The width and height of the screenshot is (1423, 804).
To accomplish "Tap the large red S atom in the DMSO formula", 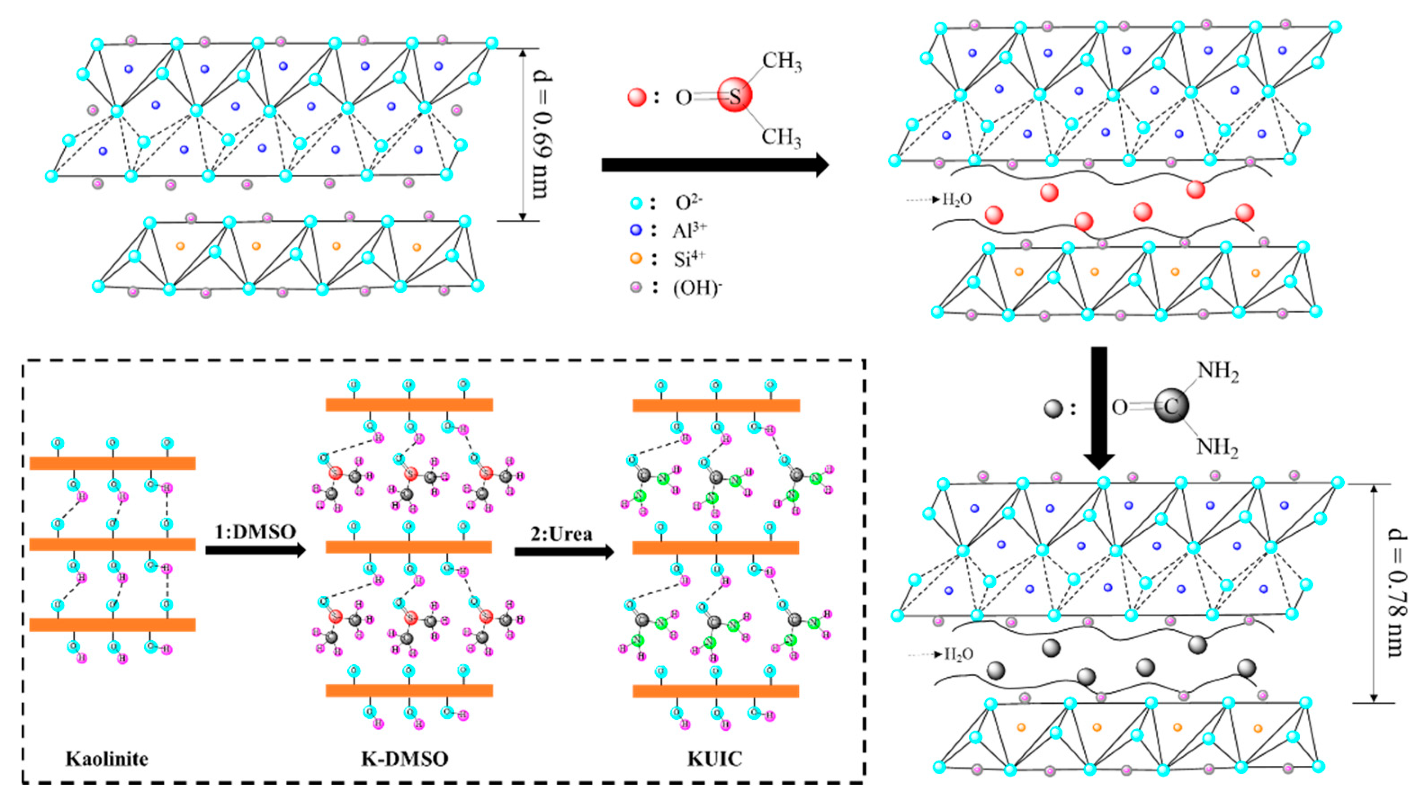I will pos(734,96).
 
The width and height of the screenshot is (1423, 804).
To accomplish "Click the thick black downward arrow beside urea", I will pos(1099,406).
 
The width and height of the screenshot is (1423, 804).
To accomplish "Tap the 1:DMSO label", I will pos(255,531).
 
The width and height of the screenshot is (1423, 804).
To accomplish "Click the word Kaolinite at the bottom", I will pos(107,759).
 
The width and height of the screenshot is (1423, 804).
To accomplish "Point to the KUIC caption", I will pos(715,759).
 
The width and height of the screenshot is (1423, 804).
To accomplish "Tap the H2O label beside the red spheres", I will pos(957,200).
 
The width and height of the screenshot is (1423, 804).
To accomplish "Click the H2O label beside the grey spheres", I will pos(959,654).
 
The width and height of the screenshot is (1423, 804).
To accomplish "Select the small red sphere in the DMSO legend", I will pos(637,97).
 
